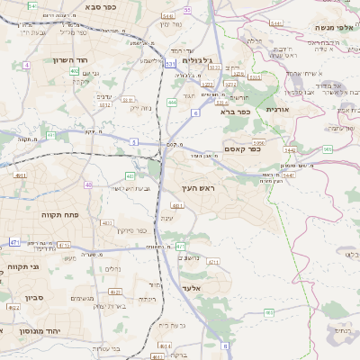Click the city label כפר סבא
pos(105,6)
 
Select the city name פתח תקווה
pos(62,216)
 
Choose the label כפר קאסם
pos(241,149)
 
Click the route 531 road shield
pos(170,65)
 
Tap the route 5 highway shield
pos(134,142)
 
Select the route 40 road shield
pos(88,184)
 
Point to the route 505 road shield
pos(328,149)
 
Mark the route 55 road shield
pos(187,9)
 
